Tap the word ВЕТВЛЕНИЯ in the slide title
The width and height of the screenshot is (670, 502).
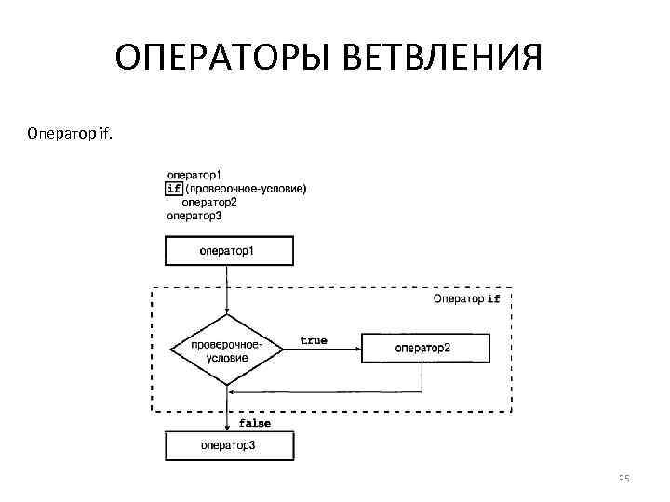click(x=442, y=61)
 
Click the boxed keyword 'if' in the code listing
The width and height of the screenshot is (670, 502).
click(x=174, y=189)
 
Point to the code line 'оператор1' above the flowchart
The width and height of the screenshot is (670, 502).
click(x=194, y=174)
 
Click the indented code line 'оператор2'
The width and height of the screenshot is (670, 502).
click(x=209, y=202)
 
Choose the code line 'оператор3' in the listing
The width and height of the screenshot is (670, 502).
click(x=194, y=216)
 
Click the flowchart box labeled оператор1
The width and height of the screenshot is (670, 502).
click(x=228, y=251)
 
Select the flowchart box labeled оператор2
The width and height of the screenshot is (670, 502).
click(x=423, y=349)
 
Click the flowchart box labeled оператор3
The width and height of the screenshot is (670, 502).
click(x=228, y=446)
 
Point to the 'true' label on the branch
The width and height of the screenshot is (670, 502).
click(x=314, y=340)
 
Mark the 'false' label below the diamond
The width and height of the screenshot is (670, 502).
click(x=255, y=423)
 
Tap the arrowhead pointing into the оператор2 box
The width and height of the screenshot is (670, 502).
click(x=356, y=350)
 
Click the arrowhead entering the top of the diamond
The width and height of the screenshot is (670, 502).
click(x=228, y=311)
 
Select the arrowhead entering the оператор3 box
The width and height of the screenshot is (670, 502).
click(x=228, y=428)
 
